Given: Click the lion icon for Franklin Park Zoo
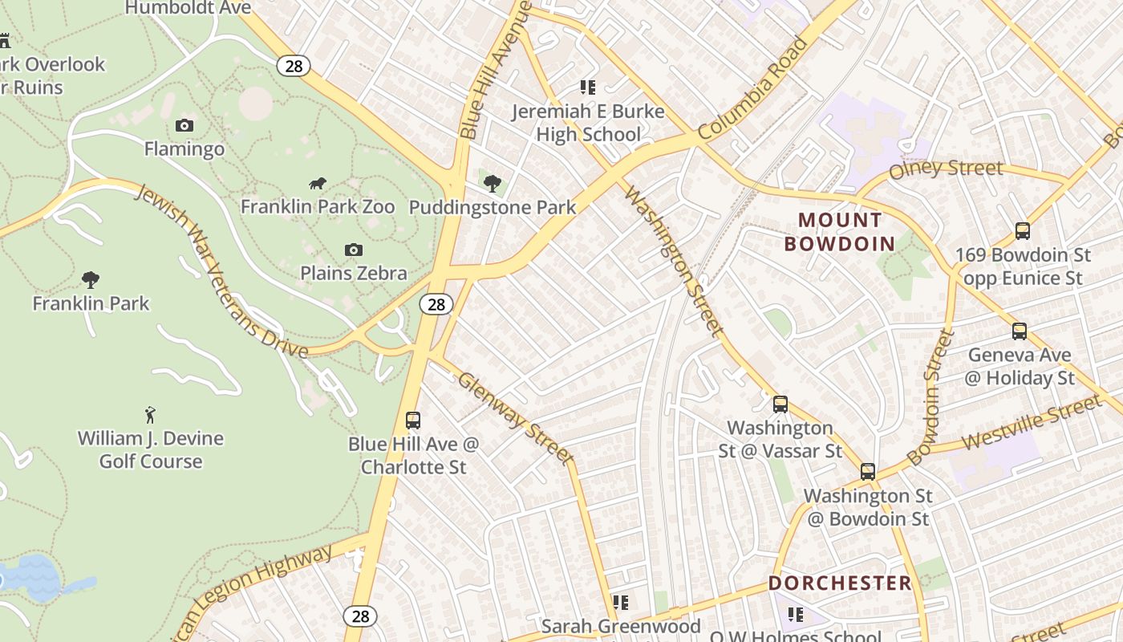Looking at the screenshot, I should pos(318,184).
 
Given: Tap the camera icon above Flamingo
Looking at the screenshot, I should pos(184,125).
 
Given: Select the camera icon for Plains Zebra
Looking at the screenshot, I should pos(353,250).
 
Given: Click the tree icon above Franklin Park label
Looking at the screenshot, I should pos(91,280).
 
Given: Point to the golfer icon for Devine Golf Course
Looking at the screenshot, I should pos(150,415).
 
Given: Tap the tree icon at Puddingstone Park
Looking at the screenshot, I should pos(493,184).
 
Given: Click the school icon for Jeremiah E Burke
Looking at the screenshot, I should pos(588,87).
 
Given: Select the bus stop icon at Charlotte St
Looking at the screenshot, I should pos(413,420).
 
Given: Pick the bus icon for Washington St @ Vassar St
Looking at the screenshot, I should pos(780,404).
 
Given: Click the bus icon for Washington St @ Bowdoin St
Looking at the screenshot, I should pos(867,472).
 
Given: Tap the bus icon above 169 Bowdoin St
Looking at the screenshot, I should pos(1022,231).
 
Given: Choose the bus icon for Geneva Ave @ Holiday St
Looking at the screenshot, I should pos(1019,331).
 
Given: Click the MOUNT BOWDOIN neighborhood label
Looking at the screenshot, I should pos(840,232).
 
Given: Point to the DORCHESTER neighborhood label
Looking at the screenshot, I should pos(840,583).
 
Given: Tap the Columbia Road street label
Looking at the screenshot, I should pos(752,88).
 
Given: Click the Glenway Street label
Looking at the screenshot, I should pos(515,417).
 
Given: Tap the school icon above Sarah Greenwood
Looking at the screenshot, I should pos(620,602).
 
